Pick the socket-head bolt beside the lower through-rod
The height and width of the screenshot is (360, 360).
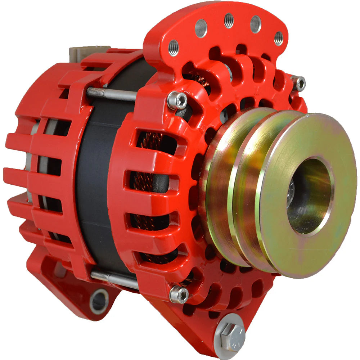(x=179, y=294)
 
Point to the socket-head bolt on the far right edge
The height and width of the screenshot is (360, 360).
(x=298, y=83)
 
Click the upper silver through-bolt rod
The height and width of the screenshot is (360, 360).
(x=111, y=94)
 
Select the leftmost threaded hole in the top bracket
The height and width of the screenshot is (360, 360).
(x=173, y=48)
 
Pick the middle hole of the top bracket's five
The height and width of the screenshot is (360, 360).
(x=229, y=21)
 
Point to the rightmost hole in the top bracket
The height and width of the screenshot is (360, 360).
(x=278, y=38)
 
